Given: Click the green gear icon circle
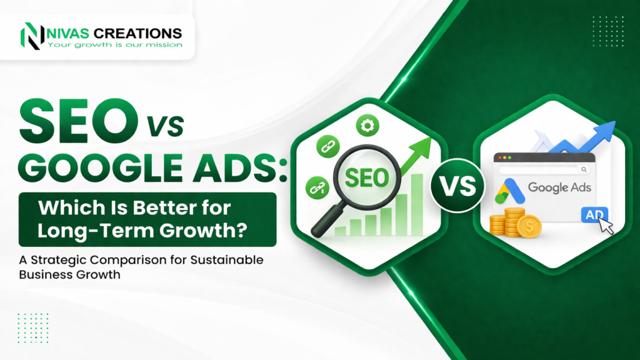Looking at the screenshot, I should [x=367, y=126].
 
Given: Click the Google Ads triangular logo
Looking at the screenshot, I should [x=507, y=191].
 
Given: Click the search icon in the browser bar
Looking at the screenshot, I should [x=584, y=169].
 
